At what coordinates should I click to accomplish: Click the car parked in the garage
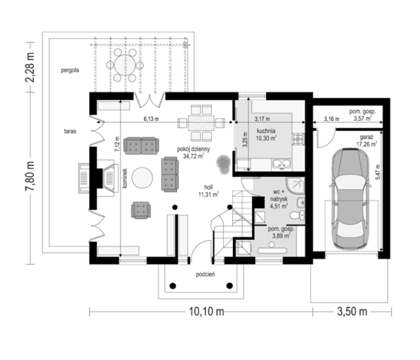(350, 198)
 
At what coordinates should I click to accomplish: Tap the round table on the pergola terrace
(125, 65)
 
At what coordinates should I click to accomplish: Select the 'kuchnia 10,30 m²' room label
(266, 134)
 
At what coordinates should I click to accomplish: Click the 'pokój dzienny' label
(194, 149)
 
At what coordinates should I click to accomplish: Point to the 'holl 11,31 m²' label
(208, 191)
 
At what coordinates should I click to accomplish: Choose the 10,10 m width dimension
(207, 312)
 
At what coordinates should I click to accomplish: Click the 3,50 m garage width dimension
(352, 312)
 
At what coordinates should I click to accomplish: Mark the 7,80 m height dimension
(30, 176)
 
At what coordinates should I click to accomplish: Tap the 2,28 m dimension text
(30, 67)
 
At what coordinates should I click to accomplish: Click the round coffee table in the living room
(143, 177)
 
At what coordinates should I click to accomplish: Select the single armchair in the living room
(141, 210)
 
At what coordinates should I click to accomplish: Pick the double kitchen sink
(282, 164)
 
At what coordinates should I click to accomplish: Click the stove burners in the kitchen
(298, 139)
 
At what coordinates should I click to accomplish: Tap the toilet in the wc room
(298, 215)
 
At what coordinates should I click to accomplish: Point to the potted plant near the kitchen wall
(223, 164)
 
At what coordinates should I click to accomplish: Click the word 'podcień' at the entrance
(206, 274)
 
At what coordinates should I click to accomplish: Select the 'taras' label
(70, 131)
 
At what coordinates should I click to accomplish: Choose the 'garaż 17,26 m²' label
(367, 141)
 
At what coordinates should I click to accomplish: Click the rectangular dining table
(201, 122)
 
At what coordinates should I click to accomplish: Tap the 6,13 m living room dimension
(151, 119)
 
